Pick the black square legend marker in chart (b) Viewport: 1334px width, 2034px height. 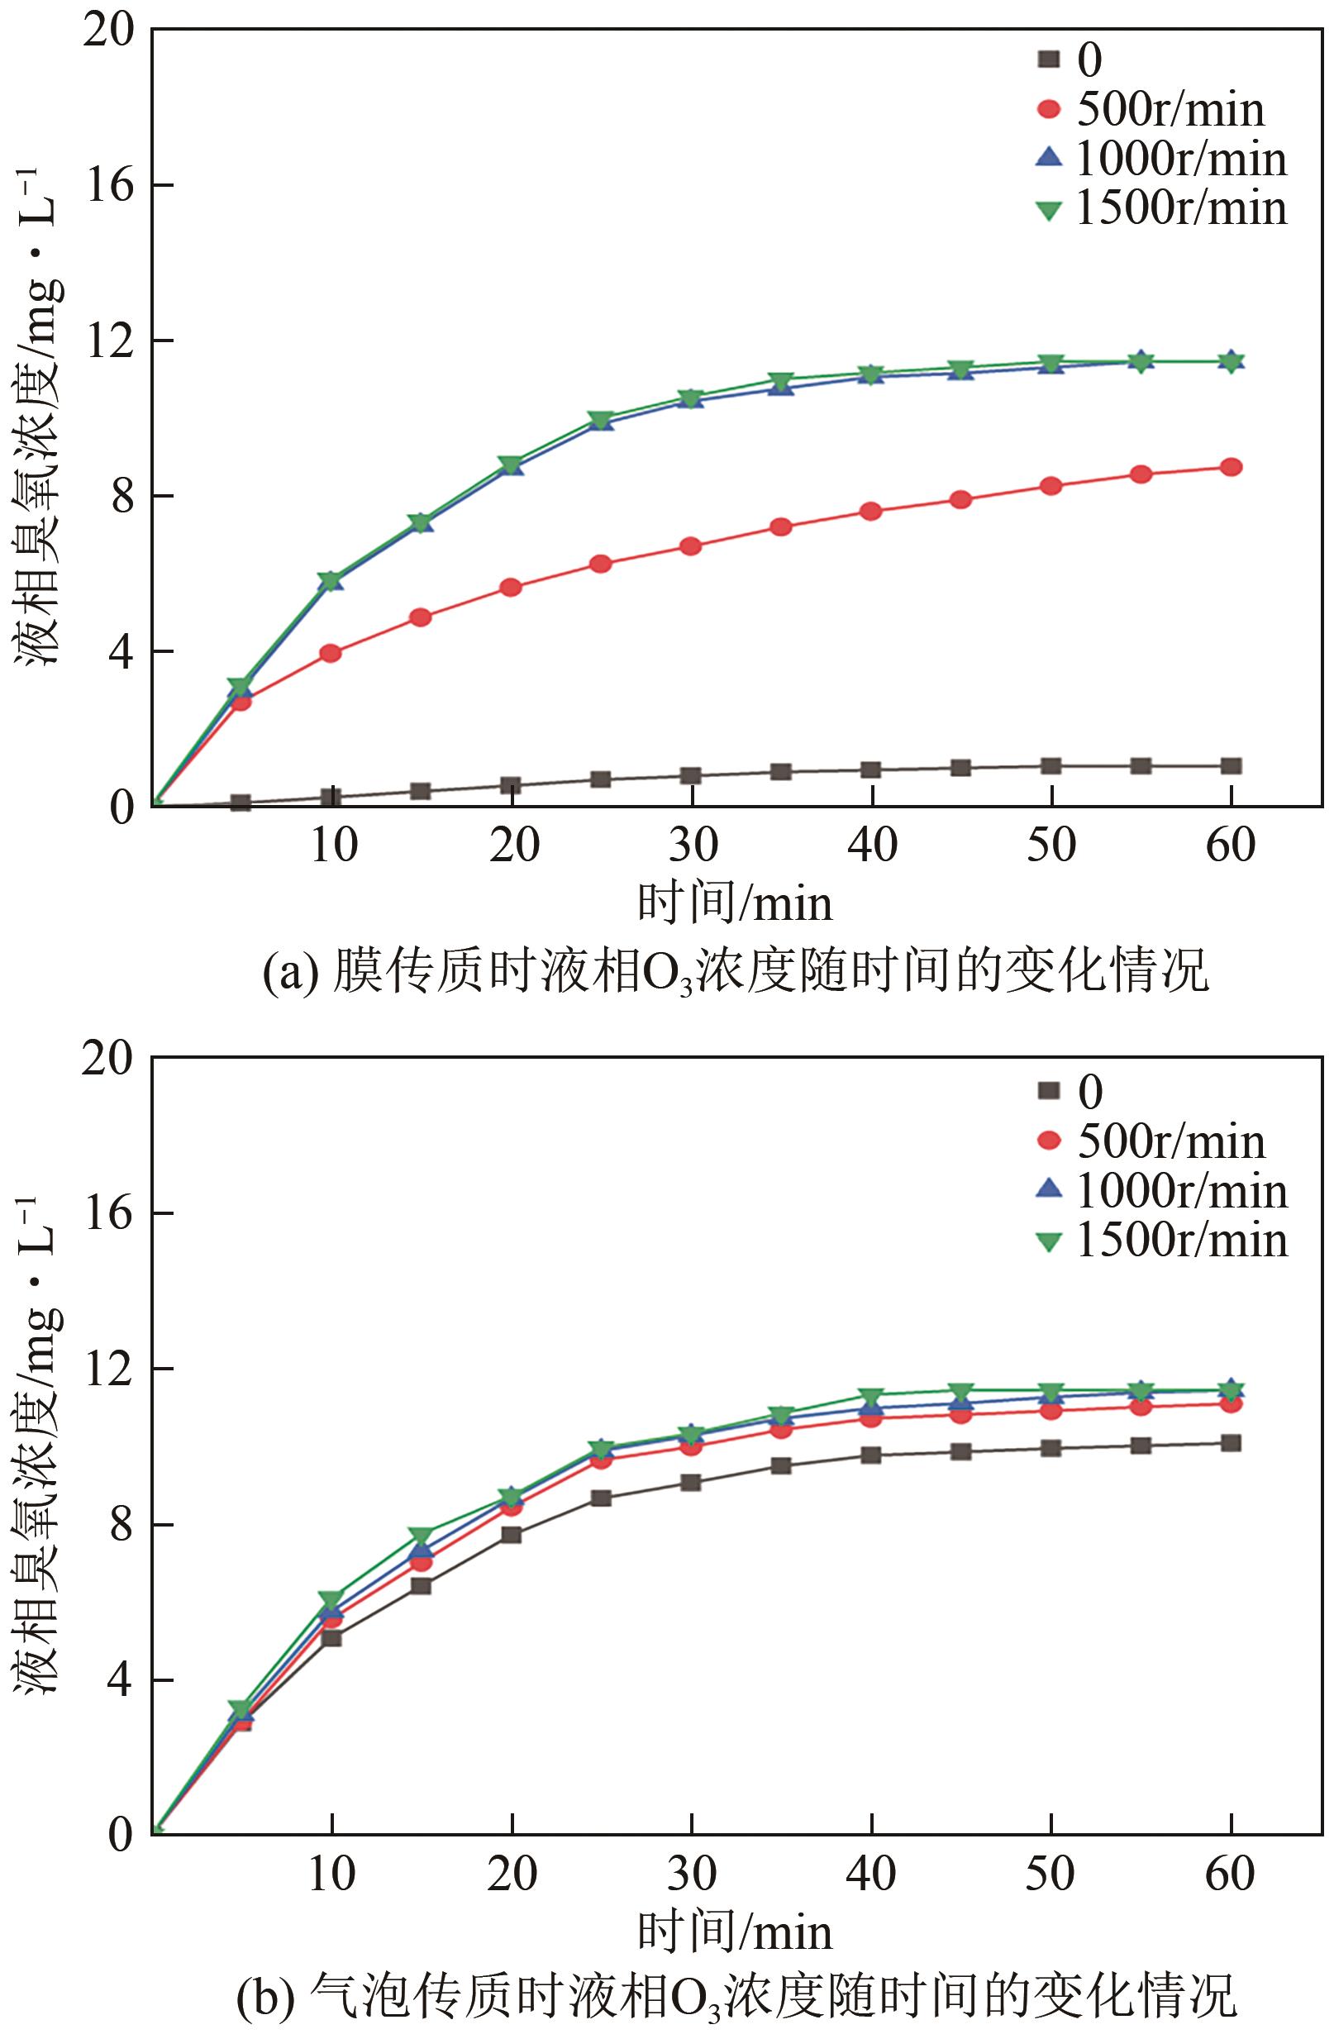(1048, 1090)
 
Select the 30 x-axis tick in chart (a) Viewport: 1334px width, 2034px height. (693, 846)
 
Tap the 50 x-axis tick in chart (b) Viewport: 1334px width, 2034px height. (1051, 1874)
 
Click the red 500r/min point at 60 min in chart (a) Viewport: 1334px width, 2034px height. (1231, 468)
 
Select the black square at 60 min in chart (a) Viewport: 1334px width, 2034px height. (1231, 765)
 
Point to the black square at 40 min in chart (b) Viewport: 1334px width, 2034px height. (871, 1455)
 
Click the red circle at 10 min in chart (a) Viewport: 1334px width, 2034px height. (331, 654)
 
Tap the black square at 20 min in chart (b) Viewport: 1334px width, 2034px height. (511, 1535)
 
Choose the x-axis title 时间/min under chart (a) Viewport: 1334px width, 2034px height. (735, 904)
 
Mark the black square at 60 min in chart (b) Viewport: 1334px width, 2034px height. (1231, 1443)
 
